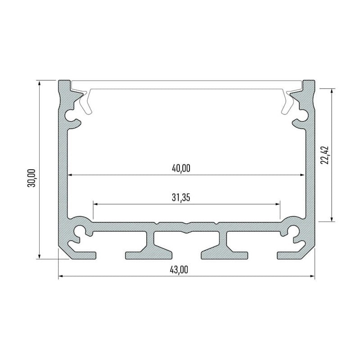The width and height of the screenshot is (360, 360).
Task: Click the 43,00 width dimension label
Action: (179, 270)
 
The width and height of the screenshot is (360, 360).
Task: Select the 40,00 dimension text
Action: (181, 168)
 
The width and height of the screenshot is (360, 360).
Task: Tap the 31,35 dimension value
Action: (181, 198)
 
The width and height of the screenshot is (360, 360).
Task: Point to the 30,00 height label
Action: (31, 178)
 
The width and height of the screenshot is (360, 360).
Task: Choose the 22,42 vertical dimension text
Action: (324, 155)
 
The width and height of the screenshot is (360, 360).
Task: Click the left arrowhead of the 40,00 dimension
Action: (70, 175)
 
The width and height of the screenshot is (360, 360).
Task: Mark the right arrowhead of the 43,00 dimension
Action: (312, 276)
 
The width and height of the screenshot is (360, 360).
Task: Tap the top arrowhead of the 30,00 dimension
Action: (40, 83)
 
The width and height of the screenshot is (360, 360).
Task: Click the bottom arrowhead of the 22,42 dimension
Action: (332, 219)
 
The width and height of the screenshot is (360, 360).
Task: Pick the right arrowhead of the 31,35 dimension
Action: (278, 204)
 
